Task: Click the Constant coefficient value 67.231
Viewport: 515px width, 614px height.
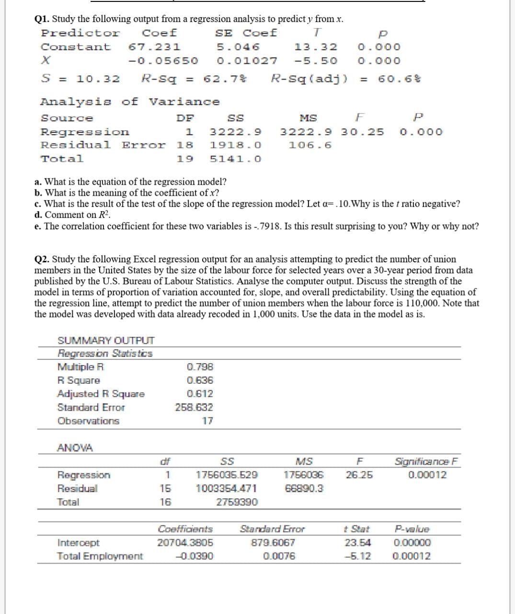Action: (x=154, y=47)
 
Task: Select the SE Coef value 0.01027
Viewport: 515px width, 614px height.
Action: (x=247, y=61)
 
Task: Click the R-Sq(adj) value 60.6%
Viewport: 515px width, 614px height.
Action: (x=393, y=79)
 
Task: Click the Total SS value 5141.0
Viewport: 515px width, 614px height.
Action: (x=236, y=159)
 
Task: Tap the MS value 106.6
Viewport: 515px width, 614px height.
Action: (x=310, y=145)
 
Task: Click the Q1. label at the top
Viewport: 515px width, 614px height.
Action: (x=42, y=19)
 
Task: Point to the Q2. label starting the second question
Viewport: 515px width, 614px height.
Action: (x=42, y=260)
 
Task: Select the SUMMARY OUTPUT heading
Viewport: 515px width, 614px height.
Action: (x=106, y=341)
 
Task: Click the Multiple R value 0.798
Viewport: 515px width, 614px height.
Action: (x=200, y=367)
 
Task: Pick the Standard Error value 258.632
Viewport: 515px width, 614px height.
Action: (x=194, y=407)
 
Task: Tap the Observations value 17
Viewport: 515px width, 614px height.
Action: (x=207, y=421)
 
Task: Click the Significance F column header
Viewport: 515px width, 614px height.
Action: (x=427, y=461)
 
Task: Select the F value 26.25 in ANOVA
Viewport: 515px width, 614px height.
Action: (x=359, y=475)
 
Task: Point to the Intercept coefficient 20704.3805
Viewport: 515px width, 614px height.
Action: (x=185, y=543)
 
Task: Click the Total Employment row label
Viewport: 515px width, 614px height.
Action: (x=100, y=556)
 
